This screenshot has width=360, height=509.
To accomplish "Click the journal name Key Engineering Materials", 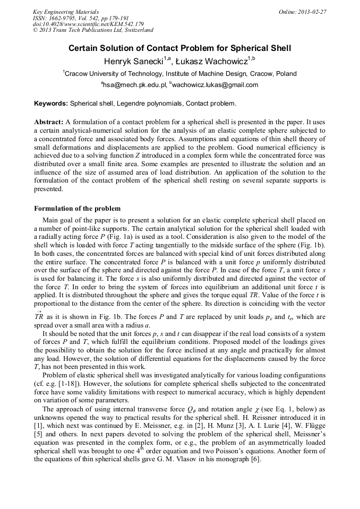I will (x=65, y=11).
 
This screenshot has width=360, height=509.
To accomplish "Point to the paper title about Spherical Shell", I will (x=180, y=48).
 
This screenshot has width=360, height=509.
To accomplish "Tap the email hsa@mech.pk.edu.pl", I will (x=135, y=85).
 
